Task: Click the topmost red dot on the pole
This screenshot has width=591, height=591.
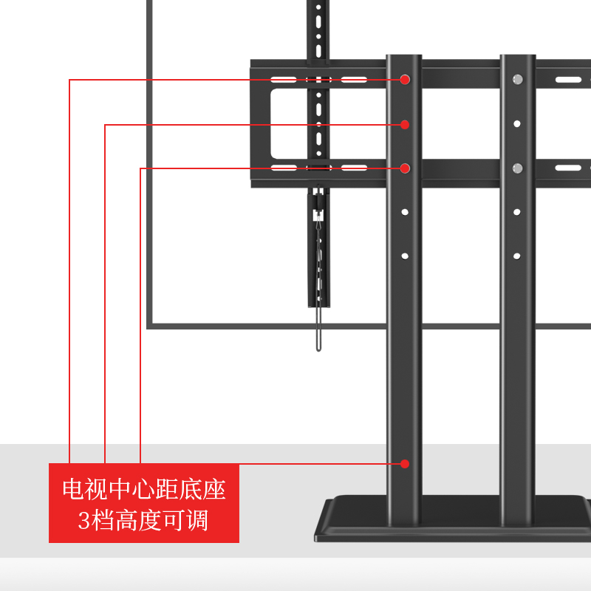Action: (405, 79)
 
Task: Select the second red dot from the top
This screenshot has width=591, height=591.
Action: (405, 124)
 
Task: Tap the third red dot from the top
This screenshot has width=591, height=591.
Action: (405, 168)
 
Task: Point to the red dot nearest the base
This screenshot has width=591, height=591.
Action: (405, 464)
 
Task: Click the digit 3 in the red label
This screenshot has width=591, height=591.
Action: (84, 520)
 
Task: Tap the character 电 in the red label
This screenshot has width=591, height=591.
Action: (74, 489)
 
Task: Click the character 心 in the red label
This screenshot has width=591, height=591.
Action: (144, 489)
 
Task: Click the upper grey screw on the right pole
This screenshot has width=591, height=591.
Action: (517, 79)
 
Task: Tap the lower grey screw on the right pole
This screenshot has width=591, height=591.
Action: (517, 168)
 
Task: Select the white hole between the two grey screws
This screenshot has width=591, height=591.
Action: (517, 124)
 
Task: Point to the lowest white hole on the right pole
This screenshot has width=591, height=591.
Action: (517, 256)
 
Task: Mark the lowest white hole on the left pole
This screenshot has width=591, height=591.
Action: (405, 256)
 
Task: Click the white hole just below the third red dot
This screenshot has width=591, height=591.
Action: (405, 212)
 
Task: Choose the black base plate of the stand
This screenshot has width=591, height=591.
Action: (451, 521)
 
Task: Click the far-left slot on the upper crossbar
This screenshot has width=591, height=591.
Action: (283, 79)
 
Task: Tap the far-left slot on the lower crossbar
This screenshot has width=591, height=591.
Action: (283, 168)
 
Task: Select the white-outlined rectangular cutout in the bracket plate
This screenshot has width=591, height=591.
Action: (288, 124)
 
